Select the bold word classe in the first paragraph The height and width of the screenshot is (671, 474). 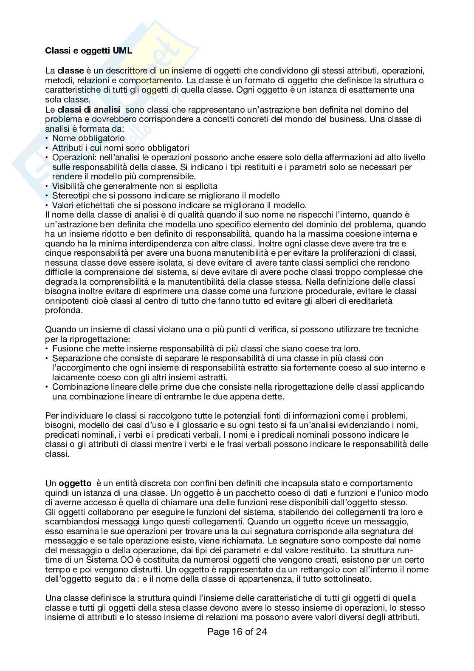pos(71,71)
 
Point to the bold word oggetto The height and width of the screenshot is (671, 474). pos(75,483)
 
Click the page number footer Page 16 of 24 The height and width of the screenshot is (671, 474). pos(237,632)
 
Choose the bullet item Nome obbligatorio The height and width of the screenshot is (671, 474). pos(88,138)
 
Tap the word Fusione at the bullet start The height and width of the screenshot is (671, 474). pos(66,348)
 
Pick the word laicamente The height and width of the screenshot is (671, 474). pos(71,377)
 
